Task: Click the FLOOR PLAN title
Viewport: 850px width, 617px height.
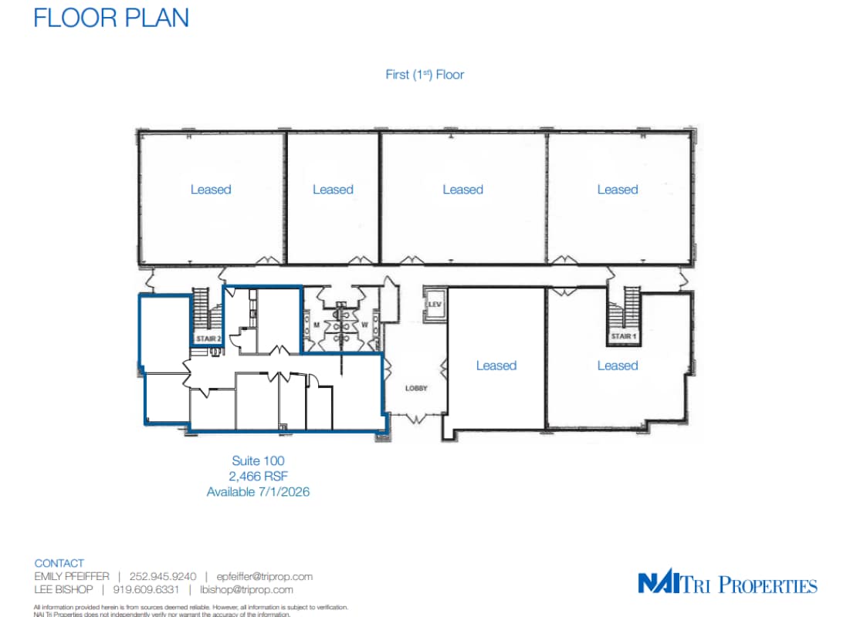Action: [111, 17]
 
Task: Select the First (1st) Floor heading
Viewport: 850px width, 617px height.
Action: [425, 75]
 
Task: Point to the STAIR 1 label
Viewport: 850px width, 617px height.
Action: [622, 337]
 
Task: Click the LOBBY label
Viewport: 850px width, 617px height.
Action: [416, 388]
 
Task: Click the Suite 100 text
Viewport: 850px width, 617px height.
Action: [258, 461]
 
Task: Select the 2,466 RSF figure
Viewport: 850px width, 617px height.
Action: [258, 476]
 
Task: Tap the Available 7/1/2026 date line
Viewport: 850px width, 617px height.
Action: [258, 491]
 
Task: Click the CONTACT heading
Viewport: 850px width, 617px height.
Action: [59, 563]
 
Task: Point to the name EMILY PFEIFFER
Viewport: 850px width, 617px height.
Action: [72, 576]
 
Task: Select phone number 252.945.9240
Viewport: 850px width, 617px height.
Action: [163, 576]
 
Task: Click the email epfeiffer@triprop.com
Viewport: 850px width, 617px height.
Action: [264, 576]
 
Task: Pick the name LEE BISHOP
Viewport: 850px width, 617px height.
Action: [63, 589]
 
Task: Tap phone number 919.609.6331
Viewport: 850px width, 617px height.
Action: [146, 589]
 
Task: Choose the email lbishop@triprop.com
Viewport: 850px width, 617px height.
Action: [246, 589]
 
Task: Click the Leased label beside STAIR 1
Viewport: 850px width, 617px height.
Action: [618, 366]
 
